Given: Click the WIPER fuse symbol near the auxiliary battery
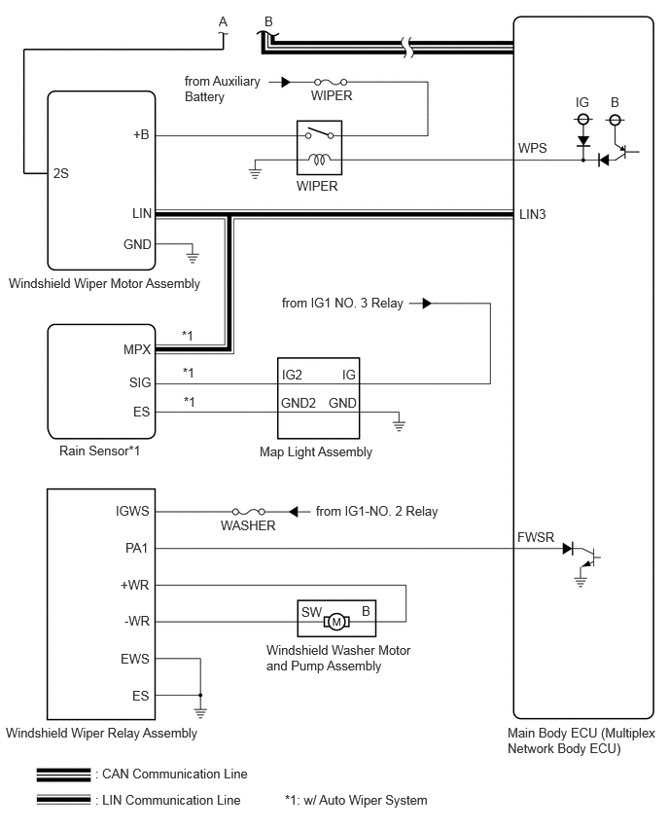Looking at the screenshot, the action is click(x=331, y=82).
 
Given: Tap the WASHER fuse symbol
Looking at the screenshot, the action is click(x=248, y=511).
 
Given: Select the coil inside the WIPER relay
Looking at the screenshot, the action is click(x=319, y=159).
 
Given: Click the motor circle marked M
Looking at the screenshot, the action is click(x=336, y=622).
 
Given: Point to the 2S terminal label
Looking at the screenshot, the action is click(x=60, y=173).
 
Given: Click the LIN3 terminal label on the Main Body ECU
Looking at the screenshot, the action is click(x=532, y=214).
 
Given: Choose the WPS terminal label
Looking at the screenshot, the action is click(x=532, y=148).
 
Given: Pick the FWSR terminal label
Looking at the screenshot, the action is click(x=536, y=537).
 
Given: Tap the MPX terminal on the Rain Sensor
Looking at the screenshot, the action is click(x=137, y=349).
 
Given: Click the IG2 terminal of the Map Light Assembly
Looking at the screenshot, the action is click(x=292, y=375).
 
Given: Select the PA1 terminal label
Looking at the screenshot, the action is click(x=136, y=548).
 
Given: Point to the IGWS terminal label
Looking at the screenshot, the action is click(x=132, y=511).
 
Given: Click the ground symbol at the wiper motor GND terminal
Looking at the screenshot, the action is click(x=193, y=258).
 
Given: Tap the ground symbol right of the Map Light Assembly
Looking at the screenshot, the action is click(x=399, y=424).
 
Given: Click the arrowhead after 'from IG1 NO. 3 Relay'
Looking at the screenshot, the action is click(x=427, y=304).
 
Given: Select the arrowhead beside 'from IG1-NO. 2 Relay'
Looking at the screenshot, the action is click(x=294, y=511).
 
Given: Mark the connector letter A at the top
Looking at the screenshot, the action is click(x=223, y=21).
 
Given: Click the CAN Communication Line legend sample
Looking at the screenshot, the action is click(x=63, y=775).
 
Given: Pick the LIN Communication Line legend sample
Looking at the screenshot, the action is click(x=63, y=800).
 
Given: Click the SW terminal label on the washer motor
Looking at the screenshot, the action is click(x=311, y=612).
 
